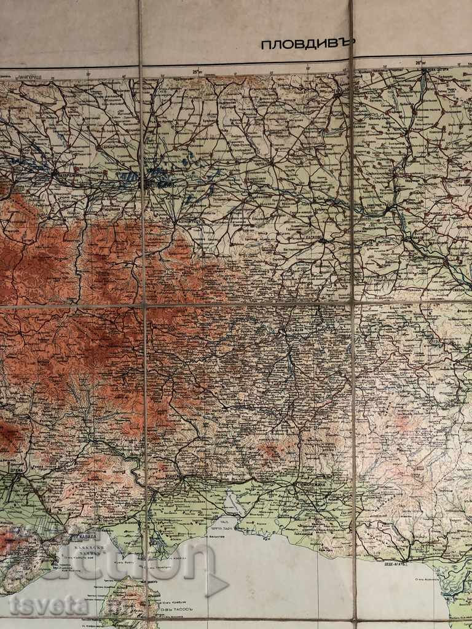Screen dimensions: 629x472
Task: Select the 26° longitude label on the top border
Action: pyautogui.click(x=420, y=63)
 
